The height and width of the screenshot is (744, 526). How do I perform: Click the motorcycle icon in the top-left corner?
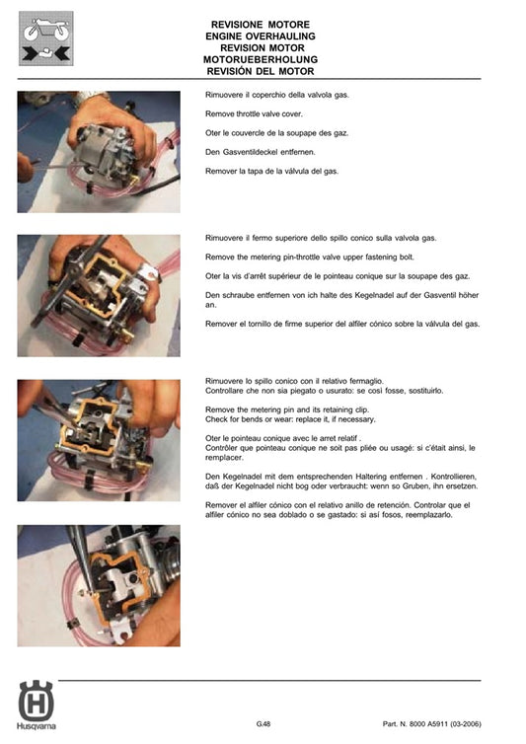pyautogui.click(x=46, y=38)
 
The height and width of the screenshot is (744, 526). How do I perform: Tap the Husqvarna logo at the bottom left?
pyautogui.click(x=37, y=706)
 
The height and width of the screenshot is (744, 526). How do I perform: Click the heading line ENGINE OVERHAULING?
pyautogui.click(x=261, y=37)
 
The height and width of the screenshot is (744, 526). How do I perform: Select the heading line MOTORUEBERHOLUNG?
pyautogui.click(x=261, y=60)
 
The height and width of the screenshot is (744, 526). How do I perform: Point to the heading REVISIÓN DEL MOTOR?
pyautogui.click(x=261, y=72)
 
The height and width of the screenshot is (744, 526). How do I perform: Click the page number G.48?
pyautogui.click(x=263, y=724)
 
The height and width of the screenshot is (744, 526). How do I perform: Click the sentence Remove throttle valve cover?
pyautogui.click(x=254, y=113)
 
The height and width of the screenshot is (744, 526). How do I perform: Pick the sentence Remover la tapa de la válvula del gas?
pyautogui.click(x=271, y=172)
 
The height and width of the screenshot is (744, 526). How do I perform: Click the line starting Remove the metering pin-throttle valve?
pyautogui.click(x=310, y=258)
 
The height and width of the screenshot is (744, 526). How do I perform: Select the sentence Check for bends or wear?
pyautogui.click(x=290, y=419)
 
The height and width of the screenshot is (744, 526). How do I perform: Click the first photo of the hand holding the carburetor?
pyautogui.click(x=99, y=152)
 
